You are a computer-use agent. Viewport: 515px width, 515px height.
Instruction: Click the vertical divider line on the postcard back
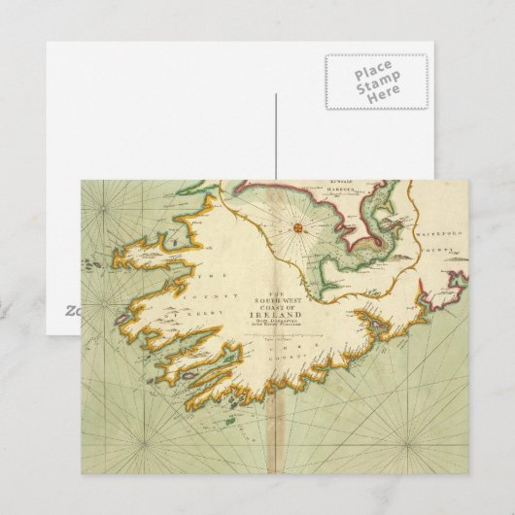pyautogui.click(x=278, y=136)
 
